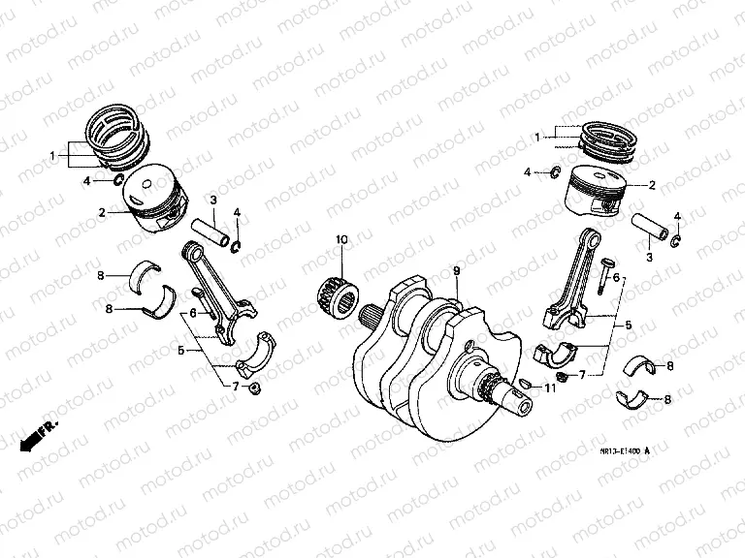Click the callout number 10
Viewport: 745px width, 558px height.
coord(340,239)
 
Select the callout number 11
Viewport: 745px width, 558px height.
coord(549,389)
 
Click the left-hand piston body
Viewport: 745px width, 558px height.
coord(153,201)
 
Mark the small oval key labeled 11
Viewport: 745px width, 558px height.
coord(524,384)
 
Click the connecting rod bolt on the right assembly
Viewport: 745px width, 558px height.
coord(604,274)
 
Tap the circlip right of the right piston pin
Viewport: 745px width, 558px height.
coord(677,239)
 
